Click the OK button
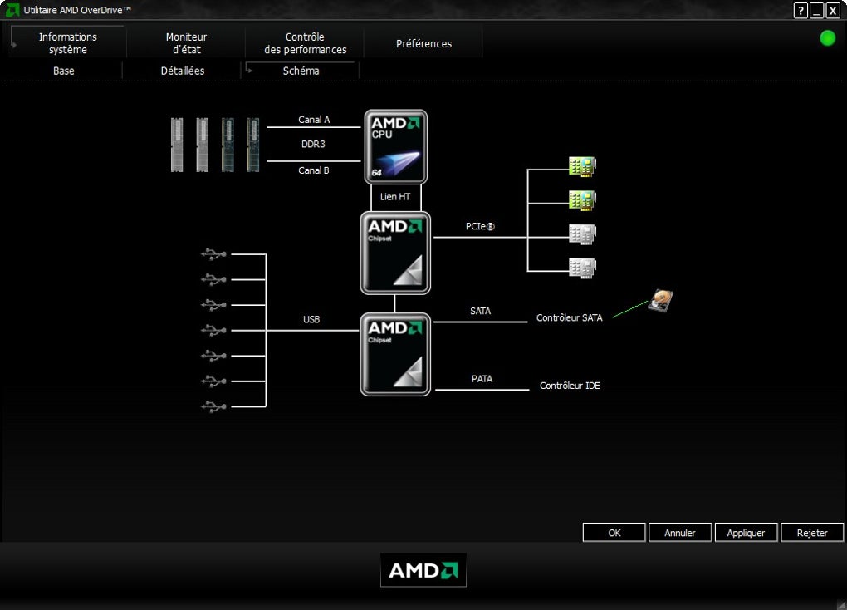[614, 533]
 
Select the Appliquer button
[746, 533]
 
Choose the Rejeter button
[812, 533]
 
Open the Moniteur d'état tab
[186, 43]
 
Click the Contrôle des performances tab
[305, 43]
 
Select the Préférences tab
[423, 43]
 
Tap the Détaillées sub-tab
[183, 71]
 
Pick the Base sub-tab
[64, 71]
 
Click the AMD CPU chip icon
[396, 147]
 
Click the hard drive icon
[660, 301]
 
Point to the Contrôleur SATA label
[570, 318]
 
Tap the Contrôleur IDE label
[570, 386]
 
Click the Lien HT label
[395, 197]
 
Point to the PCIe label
[480, 226]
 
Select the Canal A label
[314, 120]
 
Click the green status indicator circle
[827, 38]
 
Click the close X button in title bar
[832, 10]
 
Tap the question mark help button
[800, 10]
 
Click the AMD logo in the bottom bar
[423, 570]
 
